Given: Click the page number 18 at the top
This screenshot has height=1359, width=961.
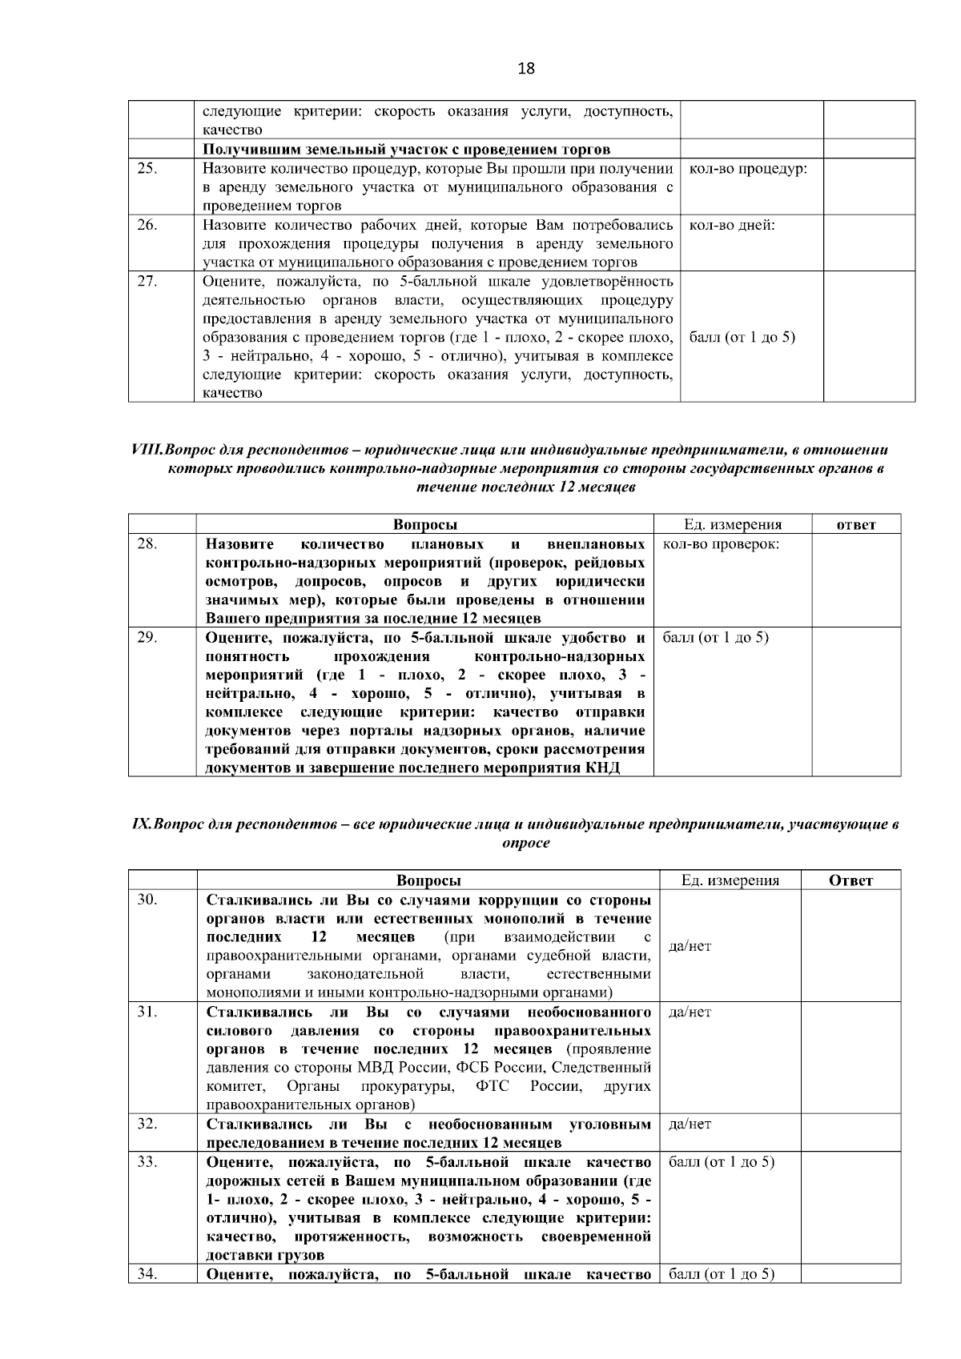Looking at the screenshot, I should coord(526,69).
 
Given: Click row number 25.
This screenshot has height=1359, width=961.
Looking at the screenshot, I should coord(147,168).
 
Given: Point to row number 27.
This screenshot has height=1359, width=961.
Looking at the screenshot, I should coord(147,281).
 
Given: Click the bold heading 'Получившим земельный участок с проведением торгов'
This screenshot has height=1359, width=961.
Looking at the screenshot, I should coord(406,149).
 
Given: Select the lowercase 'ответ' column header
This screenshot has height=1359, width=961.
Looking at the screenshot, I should coord(855,525).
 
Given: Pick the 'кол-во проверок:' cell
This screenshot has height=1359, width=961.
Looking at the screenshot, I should coord(722,544).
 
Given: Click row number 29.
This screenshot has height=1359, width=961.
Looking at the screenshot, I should coord(147,637).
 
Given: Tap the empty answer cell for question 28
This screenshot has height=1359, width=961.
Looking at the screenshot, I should coord(855,581).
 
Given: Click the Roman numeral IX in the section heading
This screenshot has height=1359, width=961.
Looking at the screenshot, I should coord(140,825).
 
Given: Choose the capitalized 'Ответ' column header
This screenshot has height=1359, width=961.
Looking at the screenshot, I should coord(850,880).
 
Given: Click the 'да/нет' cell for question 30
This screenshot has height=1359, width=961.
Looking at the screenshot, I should coord(690,946).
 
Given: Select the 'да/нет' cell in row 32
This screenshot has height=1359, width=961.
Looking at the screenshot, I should coord(690,1124).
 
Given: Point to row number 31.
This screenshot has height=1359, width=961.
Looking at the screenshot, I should coord(147,1012).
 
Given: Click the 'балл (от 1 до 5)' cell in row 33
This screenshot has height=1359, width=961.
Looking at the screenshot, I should coord(721,1161).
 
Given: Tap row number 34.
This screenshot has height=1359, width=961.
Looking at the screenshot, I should coord(147,1273).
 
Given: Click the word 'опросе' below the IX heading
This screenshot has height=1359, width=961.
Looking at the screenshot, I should coord(525,844).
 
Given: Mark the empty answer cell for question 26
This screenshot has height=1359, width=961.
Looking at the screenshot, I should coord(869,243).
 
